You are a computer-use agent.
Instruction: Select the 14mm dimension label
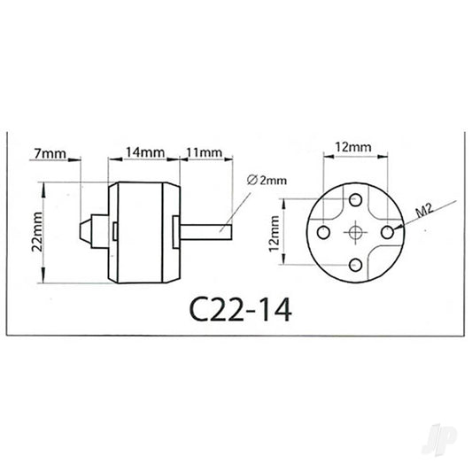coord(145,151)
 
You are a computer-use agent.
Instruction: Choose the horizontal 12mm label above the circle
coord(354,142)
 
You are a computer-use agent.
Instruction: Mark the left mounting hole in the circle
coord(323,232)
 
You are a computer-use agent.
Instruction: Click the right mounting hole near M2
coord(388,232)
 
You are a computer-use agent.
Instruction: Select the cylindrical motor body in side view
coord(145,232)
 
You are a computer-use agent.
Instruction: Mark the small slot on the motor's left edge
coord(117,232)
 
